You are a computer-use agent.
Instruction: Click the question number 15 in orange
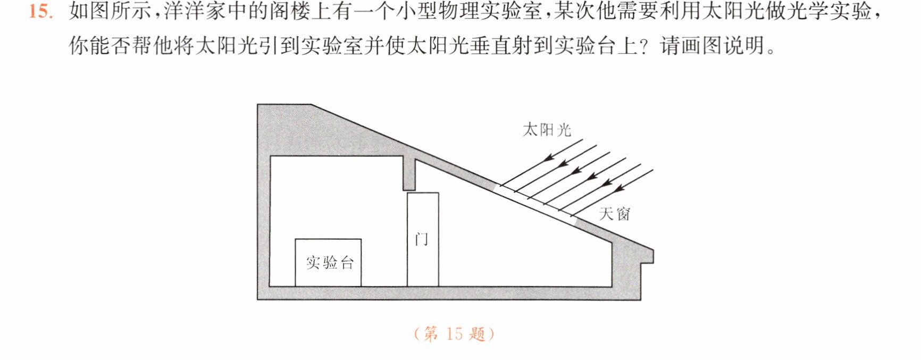coord(41,12)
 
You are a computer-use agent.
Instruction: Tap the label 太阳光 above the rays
coord(547,130)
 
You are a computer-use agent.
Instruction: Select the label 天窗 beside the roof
coord(615,214)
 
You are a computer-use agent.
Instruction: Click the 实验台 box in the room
coord(328,263)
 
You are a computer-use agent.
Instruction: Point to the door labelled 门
coord(423,239)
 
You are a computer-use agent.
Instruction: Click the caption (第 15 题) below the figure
coord(454,334)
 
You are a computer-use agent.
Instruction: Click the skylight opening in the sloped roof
coord(537,201)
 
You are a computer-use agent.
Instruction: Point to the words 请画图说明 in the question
coord(713,46)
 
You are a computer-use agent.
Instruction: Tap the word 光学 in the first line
coord(808,12)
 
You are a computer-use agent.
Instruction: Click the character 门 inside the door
coord(421,239)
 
